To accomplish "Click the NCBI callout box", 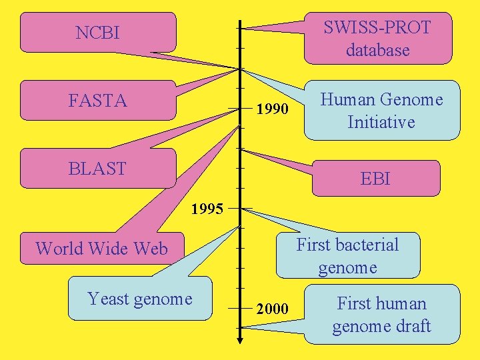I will click(x=98, y=32).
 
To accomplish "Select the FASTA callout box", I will click(x=98, y=101).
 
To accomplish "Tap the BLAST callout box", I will click(x=98, y=169).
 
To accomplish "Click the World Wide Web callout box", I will click(x=101, y=249).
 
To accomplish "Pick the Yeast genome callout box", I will click(x=140, y=299).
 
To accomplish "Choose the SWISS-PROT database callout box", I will click(x=377, y=38).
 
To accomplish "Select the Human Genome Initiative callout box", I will click(x=382, y=111).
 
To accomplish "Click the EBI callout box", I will click(x=375, y=179).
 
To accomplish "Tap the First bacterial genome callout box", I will click(x=347, y=256).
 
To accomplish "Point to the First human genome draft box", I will click(x=382, y=315).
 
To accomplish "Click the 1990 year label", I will click(x=272, y=109).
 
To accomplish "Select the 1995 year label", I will click(x=207, y=209).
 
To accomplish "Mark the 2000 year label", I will click(x=272, y=309).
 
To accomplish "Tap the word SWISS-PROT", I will click(x=377, y=27).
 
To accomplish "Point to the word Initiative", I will click(x=381, y=123).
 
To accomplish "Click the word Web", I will click(x=153, y=249).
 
